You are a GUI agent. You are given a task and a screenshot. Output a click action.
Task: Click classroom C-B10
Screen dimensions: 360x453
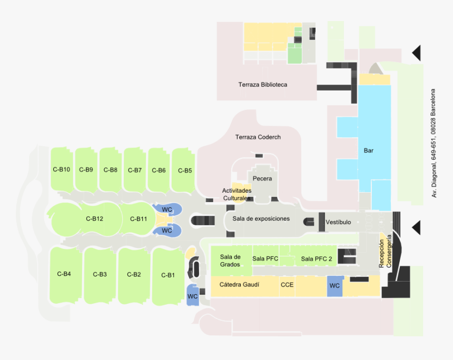(62, 169)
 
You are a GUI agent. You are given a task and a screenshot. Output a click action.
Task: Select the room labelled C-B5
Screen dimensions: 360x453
(185, 171)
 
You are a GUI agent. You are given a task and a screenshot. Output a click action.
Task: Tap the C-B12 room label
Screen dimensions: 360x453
(94, 219)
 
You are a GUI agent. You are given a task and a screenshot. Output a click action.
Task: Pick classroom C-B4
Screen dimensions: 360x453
(64, 274)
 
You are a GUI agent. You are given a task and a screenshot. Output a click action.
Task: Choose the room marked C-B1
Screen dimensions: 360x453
(168, 275)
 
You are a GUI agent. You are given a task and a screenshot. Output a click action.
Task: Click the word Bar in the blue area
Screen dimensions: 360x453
(369, 151)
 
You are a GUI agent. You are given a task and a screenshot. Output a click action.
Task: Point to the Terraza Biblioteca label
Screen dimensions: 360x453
(262, 85)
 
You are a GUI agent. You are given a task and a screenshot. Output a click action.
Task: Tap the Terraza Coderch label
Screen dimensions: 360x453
(258, 137)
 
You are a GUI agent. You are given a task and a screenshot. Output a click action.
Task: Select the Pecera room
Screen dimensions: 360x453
(262, 179)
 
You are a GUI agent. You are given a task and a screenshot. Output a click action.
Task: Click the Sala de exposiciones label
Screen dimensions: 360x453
(261, 218)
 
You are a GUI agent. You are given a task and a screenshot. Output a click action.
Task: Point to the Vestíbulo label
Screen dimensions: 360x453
(338, 222)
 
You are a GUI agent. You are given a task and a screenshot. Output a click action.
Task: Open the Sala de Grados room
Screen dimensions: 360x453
(230, 261)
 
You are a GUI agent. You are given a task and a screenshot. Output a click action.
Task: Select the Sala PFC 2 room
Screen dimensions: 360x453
(317, 258)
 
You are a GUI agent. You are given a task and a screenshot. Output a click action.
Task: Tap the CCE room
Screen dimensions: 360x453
(287, 285)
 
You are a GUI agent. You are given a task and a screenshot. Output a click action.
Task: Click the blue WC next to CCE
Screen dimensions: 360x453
(334, 286)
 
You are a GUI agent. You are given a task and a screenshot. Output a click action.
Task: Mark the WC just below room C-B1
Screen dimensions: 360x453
(192, 296)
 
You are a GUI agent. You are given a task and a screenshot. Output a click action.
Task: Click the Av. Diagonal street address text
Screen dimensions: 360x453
(434, 143)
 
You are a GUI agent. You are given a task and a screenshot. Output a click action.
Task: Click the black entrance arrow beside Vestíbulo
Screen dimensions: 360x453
(416, 227)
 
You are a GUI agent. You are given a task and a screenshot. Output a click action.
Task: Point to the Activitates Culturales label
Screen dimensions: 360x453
(237, 194)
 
